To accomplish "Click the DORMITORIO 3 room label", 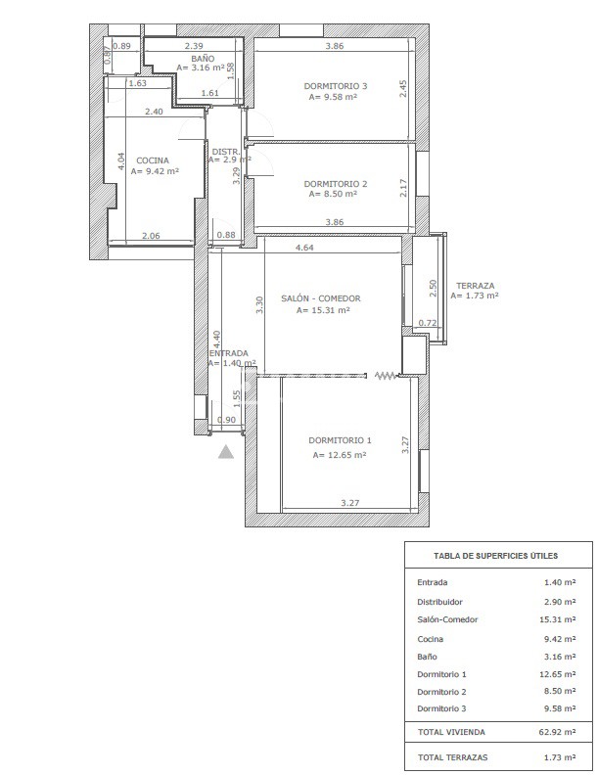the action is (x=335, y=86).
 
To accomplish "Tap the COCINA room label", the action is (x=153, y=160).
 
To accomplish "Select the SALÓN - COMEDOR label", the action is (x=321, y=298).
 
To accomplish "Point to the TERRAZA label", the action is (x=475, y=286).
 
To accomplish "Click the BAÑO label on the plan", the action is (x=203, y=59).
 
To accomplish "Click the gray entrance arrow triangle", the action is (x=226, y=451).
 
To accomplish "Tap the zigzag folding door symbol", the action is (x=386, y=376).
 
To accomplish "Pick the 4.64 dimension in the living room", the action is (x=304, y=248).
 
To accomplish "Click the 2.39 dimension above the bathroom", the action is (x=194, y=46).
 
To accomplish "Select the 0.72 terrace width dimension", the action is (x=428, y=323).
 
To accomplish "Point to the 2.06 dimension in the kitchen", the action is (x=151, y=236).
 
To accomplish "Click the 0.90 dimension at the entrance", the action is (x=226, y=420).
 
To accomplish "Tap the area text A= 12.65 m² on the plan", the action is (x=340, y=455).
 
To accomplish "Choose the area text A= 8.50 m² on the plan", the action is (x=333, y=194).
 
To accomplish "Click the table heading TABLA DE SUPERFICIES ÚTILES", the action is (x=495, y=556).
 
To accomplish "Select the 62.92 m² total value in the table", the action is (x=557, y=732).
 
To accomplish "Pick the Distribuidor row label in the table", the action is (x=439, y=602).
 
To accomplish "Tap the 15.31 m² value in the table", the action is (x=558, y=619).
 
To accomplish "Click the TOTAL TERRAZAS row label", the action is (x=453, y=756).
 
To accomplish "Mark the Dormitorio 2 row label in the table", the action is (x=441, y=692).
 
